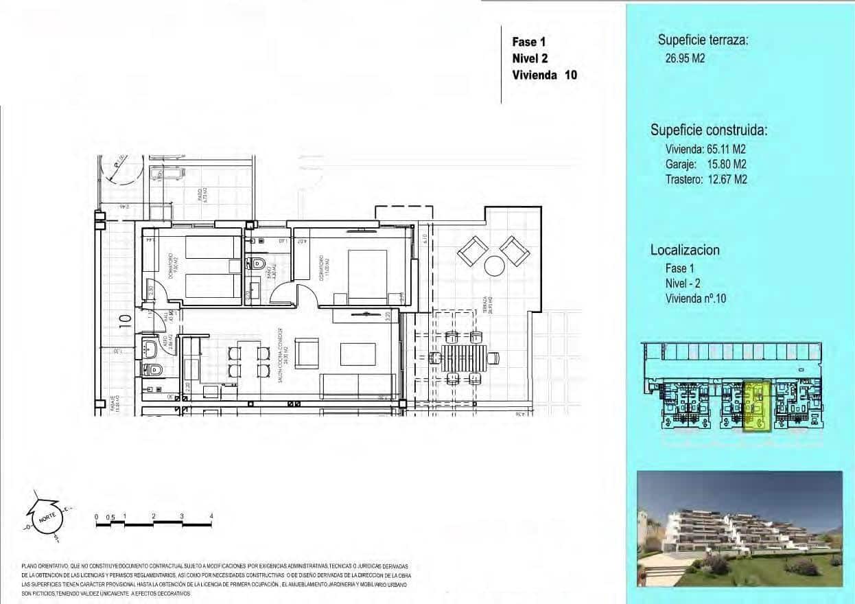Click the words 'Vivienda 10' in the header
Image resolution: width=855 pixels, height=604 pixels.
click(544, 75)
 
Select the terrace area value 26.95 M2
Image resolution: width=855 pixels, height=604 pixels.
click(684, 58)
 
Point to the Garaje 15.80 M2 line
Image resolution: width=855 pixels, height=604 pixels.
click(705, 164)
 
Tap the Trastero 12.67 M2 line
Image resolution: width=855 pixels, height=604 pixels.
click(705, 180)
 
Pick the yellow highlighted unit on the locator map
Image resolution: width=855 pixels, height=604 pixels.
click(757, 406)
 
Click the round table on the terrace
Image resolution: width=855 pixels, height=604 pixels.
click(494, 265)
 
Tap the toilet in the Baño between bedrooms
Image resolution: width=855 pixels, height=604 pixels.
click(257, 262)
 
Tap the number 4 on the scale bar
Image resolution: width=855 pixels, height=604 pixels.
click(211, 516)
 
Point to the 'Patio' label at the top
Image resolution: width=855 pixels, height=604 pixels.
click(200, 198)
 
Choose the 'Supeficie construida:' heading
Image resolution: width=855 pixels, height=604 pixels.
click(708, 130)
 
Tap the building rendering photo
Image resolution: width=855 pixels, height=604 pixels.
click(740, 528)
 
